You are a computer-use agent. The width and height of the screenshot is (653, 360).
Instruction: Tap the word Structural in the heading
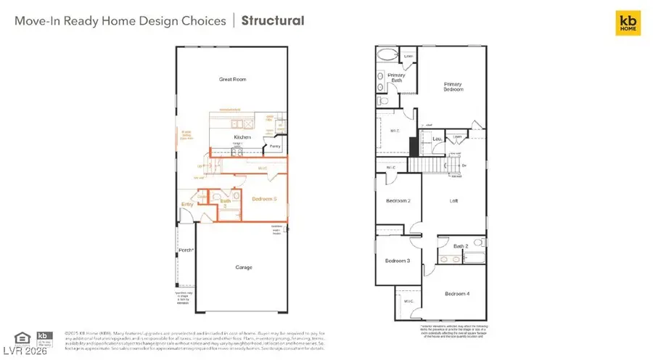point(273,20)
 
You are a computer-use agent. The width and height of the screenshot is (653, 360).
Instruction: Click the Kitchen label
point(242,137)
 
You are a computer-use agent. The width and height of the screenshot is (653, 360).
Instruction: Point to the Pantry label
point(275,146)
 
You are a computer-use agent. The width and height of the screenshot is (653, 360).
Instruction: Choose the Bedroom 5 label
point(265,198)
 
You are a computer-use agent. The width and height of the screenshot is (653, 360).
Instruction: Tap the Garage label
point(244,267)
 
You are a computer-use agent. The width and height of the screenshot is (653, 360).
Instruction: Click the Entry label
point(187,204)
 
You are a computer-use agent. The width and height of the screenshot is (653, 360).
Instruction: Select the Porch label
point(186,250)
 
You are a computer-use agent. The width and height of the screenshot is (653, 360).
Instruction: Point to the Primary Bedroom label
point(453,88)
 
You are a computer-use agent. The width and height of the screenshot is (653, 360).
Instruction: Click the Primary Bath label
point(396,78)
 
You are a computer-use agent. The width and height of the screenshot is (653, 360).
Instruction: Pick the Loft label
point(453,202)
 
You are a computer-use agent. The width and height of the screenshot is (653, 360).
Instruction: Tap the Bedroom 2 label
point(398,200)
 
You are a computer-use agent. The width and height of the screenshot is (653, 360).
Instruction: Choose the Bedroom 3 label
point(398,261)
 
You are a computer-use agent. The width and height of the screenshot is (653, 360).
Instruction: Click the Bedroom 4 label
point(457,293)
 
